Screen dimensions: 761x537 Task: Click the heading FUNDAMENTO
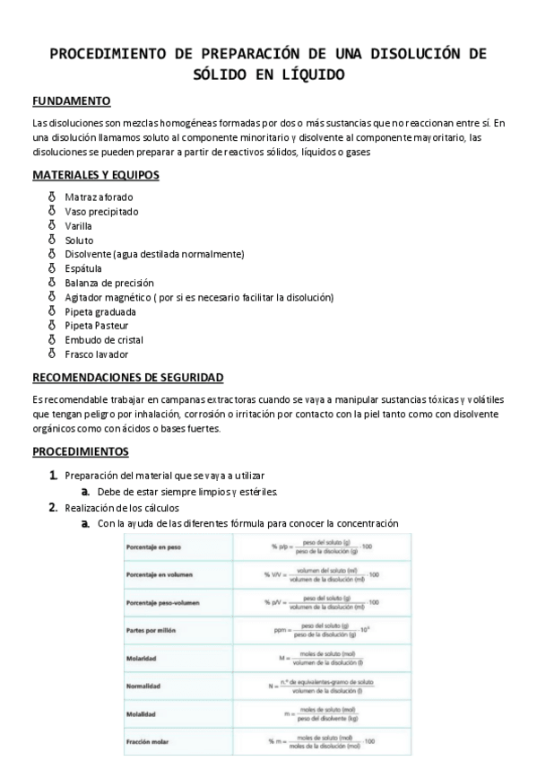72,101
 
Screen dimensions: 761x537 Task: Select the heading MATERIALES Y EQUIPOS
96,175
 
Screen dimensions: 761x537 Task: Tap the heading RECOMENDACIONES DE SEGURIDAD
128,378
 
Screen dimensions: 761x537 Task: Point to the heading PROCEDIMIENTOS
81,451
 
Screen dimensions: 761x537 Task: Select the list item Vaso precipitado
101,211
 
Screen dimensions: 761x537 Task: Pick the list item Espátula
83,268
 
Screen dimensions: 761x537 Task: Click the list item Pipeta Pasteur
98,326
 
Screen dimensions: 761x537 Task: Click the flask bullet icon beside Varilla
51,225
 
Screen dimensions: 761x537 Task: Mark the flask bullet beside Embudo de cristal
51,340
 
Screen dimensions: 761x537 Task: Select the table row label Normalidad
149,687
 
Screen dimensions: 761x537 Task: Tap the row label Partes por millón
155,630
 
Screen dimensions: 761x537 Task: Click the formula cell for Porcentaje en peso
320,547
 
